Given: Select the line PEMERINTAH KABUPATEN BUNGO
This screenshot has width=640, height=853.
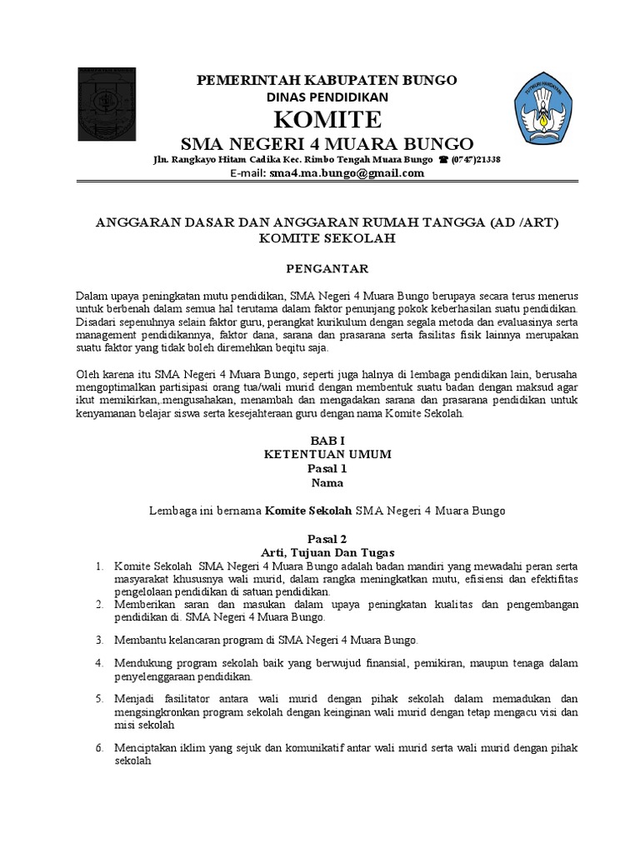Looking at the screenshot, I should pyautogui.click(x=326, y=80).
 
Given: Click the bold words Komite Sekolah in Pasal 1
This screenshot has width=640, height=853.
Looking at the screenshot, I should pyautogui.click(x=308, y=510).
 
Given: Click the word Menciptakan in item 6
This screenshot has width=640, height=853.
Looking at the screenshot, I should pyautogui.click(x=143, y=748).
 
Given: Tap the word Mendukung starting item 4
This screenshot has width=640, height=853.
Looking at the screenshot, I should pyautogui.click(x=142, y=663).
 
